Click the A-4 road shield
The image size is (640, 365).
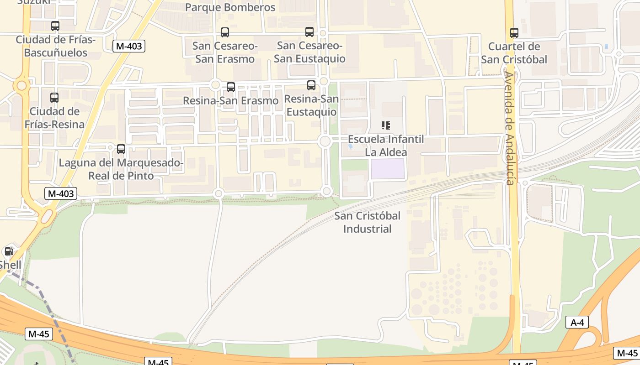(x=577, y=323)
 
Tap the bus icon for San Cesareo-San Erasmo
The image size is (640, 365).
(x=224, y=32)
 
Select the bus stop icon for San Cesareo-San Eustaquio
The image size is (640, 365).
(x=309, y=32)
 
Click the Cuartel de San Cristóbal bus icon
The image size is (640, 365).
(x=514, y=33)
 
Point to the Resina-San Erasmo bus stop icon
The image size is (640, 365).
(x=231, y=87)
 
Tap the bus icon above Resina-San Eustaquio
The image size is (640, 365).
(x=311, y=85)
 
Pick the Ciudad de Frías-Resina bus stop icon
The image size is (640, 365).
(x=54, y=98)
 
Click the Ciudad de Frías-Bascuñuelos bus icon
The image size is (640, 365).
(x=55, y=26)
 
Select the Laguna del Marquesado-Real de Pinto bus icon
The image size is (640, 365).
(x=121, y=149)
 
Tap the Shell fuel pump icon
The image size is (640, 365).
(x=8, y=251)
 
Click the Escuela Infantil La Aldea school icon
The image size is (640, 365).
(x=386, y=125)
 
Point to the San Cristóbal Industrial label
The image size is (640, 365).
(x=367, y=222)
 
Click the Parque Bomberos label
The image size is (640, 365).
(x=230, y=7)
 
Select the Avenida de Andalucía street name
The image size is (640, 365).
(x=510, y=128)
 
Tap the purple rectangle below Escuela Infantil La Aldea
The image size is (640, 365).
(x=388, y=169)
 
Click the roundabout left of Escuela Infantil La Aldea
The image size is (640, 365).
(x=325, y=141)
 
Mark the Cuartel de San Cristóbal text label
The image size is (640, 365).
(x=514, y=53)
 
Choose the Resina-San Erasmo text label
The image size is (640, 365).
(x=230, y=100)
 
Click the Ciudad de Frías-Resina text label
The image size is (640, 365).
(x=54, y=118)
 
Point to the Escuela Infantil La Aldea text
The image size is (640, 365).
(x=386, y=146)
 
